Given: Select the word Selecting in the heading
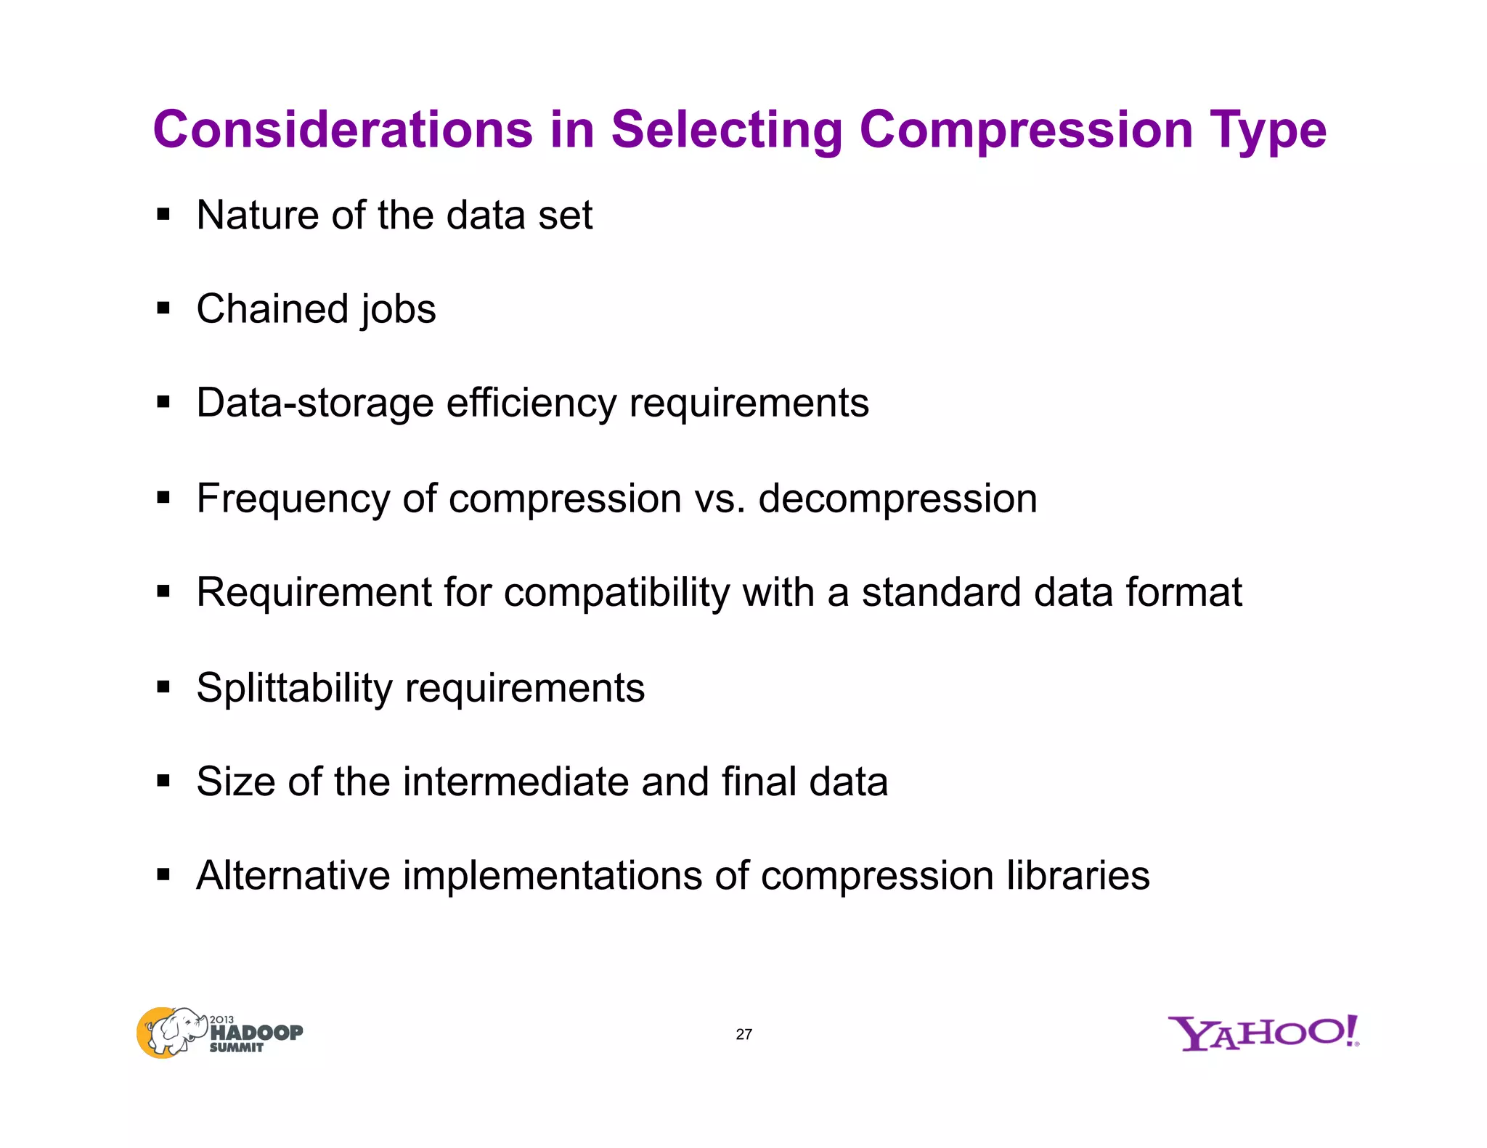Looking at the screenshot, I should coord(727,131).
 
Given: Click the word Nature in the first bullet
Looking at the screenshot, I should coord(257,216).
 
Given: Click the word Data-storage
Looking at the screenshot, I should coord(315,403).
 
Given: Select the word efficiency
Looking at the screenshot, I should coord(531,403).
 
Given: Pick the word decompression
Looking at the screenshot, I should coord(897,499).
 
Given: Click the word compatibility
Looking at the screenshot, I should coord(616,593).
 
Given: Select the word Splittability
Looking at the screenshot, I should coord(294,688).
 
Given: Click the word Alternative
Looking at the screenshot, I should coord(293,875).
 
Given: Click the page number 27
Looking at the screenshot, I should coord(743,1034).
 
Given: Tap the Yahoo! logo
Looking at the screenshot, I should coord(1263,1033).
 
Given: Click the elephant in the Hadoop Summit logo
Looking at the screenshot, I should coord(174,1030).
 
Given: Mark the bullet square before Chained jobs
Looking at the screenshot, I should coord(163,309).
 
